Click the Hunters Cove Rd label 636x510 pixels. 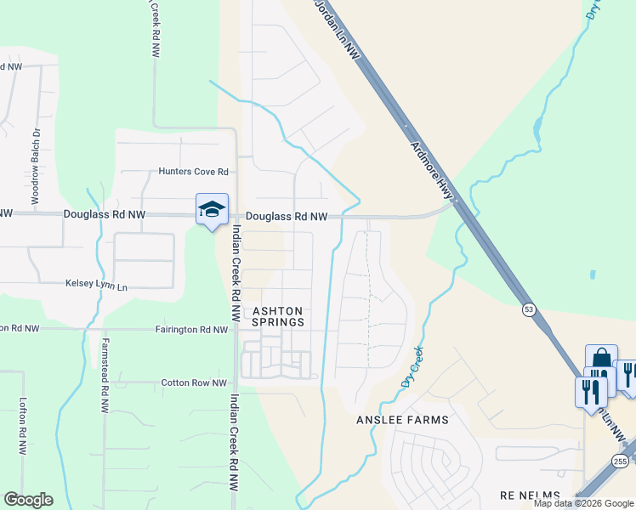(194, 172)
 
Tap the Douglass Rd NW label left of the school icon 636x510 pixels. (104, 217)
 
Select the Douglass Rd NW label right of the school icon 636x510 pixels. (287, 217)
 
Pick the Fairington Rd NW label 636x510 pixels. (192, 329)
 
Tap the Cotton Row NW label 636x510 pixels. (195, 383)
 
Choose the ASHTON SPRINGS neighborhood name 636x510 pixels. (279, 316)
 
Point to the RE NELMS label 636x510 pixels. (530, 496)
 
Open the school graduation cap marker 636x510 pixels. (212, 209)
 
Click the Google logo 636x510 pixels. (28, 500)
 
